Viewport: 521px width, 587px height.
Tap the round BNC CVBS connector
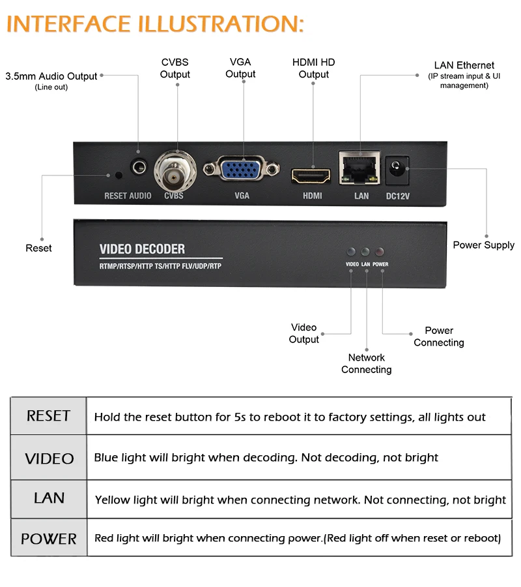pos(175,172)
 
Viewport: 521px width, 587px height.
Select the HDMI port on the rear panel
pos(311,176)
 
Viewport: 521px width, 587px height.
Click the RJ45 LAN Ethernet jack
pos(359,168)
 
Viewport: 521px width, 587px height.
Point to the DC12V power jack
pos(397,170)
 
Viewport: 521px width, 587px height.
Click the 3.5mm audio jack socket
pos(139,166)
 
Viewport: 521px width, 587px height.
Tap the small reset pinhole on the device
pos(119,175)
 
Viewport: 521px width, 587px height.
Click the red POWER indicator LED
pos(379,252)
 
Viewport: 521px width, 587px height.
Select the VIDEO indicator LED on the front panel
pos(351,252)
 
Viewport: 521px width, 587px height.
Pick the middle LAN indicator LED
pos(365,252)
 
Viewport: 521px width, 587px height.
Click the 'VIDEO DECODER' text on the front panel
pos(142,249)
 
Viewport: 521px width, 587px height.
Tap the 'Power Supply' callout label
pos(484,245)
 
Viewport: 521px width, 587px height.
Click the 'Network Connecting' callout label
pos(366,363)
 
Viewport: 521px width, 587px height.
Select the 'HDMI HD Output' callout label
pos(313,68)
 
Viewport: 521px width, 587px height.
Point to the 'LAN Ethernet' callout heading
pos(464,65)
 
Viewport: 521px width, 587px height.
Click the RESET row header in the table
pos(49,416)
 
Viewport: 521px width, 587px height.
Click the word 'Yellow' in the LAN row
pos(112,500)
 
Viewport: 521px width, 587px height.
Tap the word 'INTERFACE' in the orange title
pos(69,24)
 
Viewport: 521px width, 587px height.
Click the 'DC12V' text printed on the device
pos(398,196)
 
